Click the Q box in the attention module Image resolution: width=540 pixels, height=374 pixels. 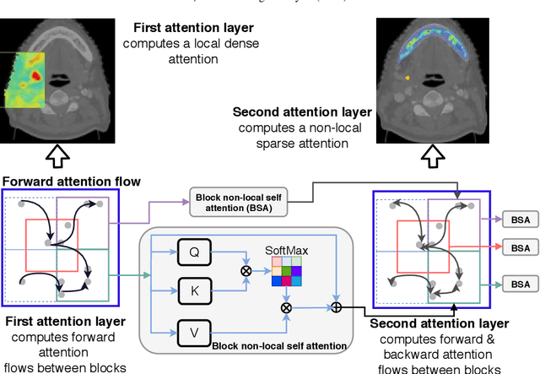pyautogui.click(x=194, y=252)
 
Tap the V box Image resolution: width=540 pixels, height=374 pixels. pyautogui.click(x=194, y=332)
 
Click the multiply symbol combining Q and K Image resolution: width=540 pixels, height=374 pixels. pyautogui.click(x=246, y=271)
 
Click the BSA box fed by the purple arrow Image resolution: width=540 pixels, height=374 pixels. pyautogui.click(x=520, y=218)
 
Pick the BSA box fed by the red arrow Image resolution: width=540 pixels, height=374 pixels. pyautogui.click(x=520, y=248)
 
